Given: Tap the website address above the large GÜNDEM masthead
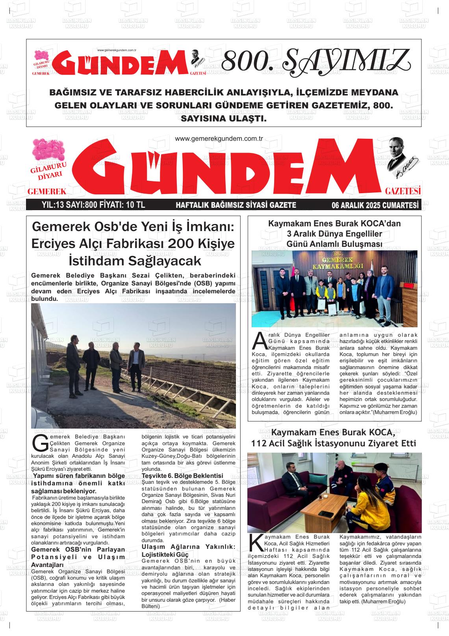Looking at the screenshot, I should (219, 138).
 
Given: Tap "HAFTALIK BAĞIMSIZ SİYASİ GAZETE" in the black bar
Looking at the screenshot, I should (236, 205).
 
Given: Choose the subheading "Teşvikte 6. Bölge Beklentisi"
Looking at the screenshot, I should (182, 476).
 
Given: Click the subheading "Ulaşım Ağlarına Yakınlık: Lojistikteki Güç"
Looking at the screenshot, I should (188, 550).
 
